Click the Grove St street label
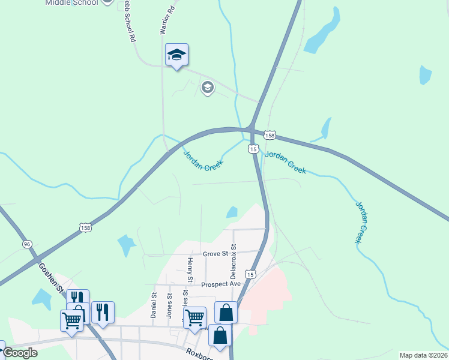215,254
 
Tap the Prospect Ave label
220,284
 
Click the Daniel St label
154,305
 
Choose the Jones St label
169,305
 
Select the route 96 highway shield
26,244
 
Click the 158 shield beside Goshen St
85,227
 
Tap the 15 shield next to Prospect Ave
250,274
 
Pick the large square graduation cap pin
176,55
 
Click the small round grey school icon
208,88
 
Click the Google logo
20,353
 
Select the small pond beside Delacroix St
232,212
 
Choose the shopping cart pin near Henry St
194,317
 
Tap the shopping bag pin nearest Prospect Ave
226,313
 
